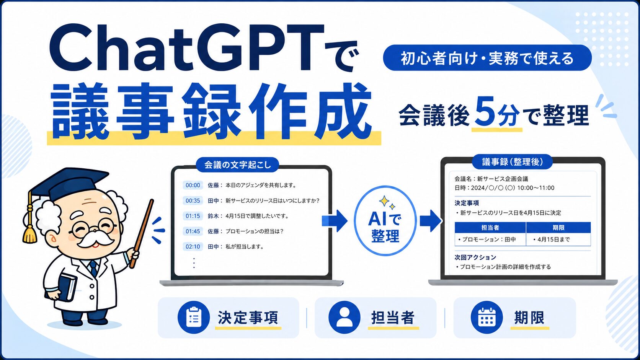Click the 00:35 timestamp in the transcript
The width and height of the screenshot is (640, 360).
pos(193,200)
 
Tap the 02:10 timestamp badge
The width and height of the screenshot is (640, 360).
pos(193,246)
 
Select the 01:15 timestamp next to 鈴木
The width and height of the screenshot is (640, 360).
pos(193,216)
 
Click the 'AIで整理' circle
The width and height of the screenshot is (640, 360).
pos(385,221)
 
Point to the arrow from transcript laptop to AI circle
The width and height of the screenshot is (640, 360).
pos(334,221)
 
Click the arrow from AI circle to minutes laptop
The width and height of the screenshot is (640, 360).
pos(430,221)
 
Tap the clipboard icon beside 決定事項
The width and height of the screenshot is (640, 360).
pos(194,318)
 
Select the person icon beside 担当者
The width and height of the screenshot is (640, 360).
pos(344,318)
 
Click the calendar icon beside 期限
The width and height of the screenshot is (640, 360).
pos(487,318)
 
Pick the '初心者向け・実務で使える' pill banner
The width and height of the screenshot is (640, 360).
pos(487,58)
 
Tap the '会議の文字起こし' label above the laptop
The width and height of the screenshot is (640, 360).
pos(237,165)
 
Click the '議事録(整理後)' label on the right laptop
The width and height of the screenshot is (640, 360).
pos(512,162)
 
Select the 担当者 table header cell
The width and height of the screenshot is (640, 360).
pos(490,228)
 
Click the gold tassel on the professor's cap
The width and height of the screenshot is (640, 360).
pos(30,233)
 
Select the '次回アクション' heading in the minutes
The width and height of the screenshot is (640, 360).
pos(475,257)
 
